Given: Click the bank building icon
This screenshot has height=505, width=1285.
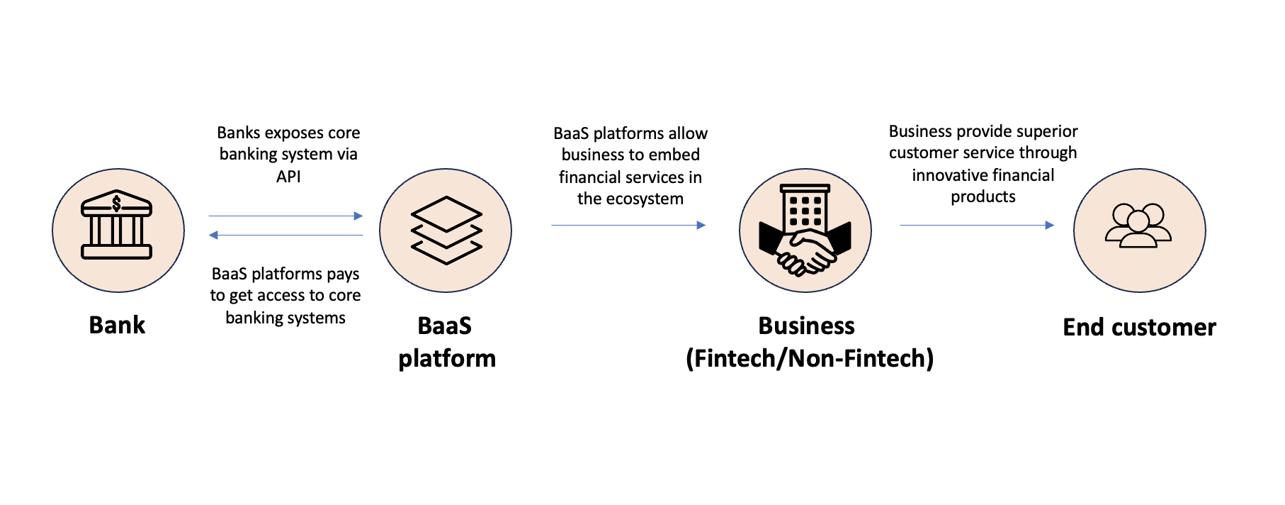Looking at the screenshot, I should (x=117, y=226).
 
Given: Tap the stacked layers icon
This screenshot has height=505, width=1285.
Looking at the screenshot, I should (x=446, y=231).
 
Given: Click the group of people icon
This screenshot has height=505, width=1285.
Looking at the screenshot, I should (x=1138, y=226).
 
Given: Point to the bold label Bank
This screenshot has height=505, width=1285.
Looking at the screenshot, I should (x=117, y=325).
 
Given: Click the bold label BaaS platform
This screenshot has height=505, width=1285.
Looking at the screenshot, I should (x=446, y=342).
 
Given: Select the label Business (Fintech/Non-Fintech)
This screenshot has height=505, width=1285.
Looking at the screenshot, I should (x=809, y=342).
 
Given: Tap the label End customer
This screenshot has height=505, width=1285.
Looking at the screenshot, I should (x=1139, y=327).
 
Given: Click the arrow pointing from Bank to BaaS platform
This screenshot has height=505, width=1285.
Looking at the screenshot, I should (x=285, y=216).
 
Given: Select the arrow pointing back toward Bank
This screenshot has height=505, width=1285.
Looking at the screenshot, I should (x=285, y=235).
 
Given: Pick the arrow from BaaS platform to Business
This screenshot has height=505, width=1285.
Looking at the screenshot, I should (x=628, y=226).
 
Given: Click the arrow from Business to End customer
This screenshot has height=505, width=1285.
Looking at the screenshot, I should (x=976, y=226).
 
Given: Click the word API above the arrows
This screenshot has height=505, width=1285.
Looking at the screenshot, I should (x=288, y=177).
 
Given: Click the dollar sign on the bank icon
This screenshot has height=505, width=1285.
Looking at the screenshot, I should (x=117, y=204).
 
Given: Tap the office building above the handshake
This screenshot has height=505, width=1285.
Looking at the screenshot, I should (x=805, y=208).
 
